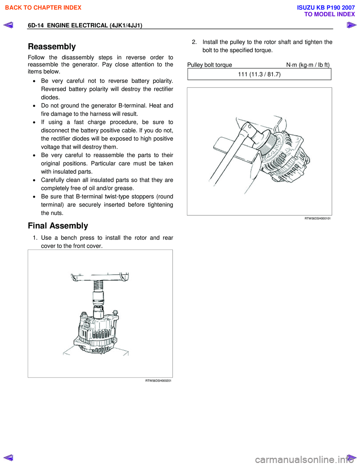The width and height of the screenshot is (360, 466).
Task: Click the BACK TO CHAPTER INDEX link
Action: [43, 8]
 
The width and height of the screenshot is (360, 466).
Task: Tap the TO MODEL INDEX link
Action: [329, 14]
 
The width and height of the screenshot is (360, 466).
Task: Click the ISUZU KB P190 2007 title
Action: [325, 8]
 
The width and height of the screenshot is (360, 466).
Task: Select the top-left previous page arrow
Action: [8, 25]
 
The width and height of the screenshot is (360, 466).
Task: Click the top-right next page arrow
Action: [351, 25]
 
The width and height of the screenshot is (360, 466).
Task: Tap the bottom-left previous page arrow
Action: [8, 457]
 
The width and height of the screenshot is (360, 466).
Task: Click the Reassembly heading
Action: [52, 47]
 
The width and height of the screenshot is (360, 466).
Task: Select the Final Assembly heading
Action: [58, 226]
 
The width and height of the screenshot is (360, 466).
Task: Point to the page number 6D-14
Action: [36, 26]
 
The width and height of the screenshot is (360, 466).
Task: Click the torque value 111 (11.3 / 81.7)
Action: [259, 74]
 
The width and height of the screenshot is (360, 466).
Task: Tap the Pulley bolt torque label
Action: [210, 65]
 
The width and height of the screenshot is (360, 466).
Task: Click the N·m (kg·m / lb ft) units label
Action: [308, 65]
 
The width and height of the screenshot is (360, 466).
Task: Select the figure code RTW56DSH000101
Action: [317, 218]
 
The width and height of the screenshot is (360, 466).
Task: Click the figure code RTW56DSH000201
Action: [158, 381]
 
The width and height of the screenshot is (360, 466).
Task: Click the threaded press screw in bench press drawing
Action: [98, 286]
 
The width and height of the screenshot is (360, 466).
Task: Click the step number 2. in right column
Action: [194, 42]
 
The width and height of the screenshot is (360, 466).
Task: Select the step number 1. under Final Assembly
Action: [35, 238]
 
